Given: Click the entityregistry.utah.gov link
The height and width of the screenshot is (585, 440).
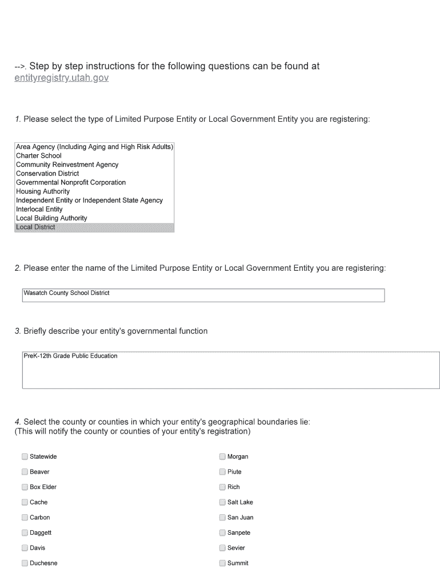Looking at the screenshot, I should click(61, 78).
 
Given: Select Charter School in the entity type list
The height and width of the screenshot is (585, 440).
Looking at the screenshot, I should click(39, 156).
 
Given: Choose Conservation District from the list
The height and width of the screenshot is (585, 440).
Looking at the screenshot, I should click(47, 174).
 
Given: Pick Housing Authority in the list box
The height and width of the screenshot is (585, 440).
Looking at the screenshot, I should click(43, 191).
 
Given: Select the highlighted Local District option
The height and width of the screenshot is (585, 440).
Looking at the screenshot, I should click(36, 227).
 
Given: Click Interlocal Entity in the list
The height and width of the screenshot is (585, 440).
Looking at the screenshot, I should click(39, 210).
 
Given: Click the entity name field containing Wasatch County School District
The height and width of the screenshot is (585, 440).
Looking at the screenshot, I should click(203, 295).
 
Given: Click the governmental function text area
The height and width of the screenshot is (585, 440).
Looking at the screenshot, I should click(231, 370).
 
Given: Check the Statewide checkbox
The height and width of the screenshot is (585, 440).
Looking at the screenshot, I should click(25, 456).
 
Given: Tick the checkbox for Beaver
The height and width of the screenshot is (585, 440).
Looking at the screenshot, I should click(25, 472).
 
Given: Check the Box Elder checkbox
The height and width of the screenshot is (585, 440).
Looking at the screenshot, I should click(25, 487).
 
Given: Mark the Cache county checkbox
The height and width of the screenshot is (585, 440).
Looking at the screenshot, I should click(25, 502).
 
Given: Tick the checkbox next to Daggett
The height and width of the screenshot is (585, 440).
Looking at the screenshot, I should click(25, 533).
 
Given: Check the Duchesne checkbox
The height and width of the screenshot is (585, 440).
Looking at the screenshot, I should click(25, 563).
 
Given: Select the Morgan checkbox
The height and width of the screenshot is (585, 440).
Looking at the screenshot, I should click(222, 456).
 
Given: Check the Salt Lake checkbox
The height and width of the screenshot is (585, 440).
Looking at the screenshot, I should click(222, 502).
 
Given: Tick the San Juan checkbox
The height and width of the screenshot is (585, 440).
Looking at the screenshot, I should click(222, 518).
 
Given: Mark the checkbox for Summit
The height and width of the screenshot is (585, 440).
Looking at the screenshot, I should click(222, 563).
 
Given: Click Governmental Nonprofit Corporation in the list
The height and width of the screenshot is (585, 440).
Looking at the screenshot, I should click(71, 183).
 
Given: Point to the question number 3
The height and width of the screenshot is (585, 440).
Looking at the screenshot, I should click(18, 331).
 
